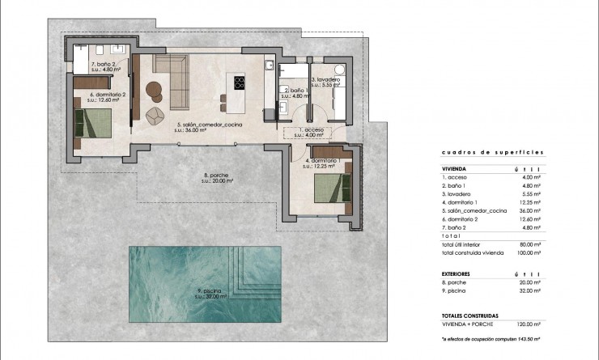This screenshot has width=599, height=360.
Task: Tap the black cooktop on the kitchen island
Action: [240, 82]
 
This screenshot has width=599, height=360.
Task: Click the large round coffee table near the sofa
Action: [154, 89]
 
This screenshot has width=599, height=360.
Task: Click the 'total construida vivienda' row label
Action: [473, 253]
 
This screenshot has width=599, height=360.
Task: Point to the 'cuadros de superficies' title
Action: [480, 151]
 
